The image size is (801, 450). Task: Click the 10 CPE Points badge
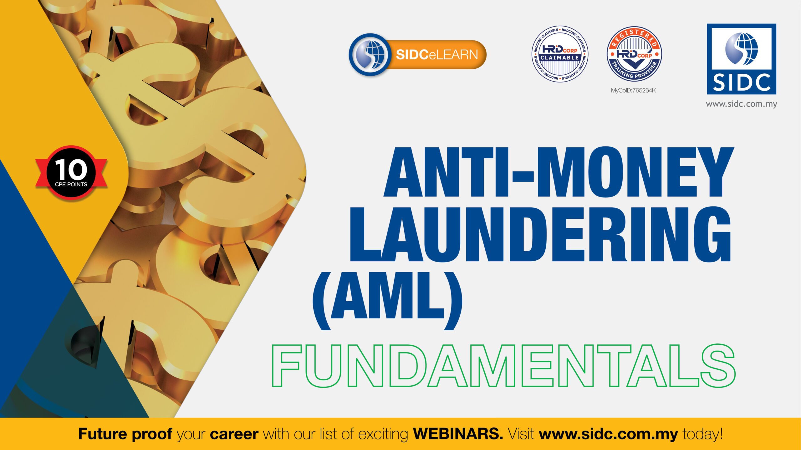(x=71, y=172)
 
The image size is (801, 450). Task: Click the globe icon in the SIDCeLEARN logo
(x=370, y=55)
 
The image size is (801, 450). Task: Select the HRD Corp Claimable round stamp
(x=560, y=54)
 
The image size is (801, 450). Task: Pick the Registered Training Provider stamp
(x=634, y=54)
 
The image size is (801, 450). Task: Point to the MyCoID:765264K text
(x=633, y=91)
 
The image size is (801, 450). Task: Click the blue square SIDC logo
(x=742, y=59)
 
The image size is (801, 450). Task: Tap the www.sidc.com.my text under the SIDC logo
(x=742, y=104)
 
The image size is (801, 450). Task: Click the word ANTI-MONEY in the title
(x=559, y=172)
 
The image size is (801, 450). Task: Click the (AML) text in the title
(x=387, y=301)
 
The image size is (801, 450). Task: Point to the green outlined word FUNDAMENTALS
(x=504, y=366)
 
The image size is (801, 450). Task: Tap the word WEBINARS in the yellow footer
(x=458, y=434)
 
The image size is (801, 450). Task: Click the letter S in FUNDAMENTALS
(x=718, y=366)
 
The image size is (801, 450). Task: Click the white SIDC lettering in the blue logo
(x=742, y=82)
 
